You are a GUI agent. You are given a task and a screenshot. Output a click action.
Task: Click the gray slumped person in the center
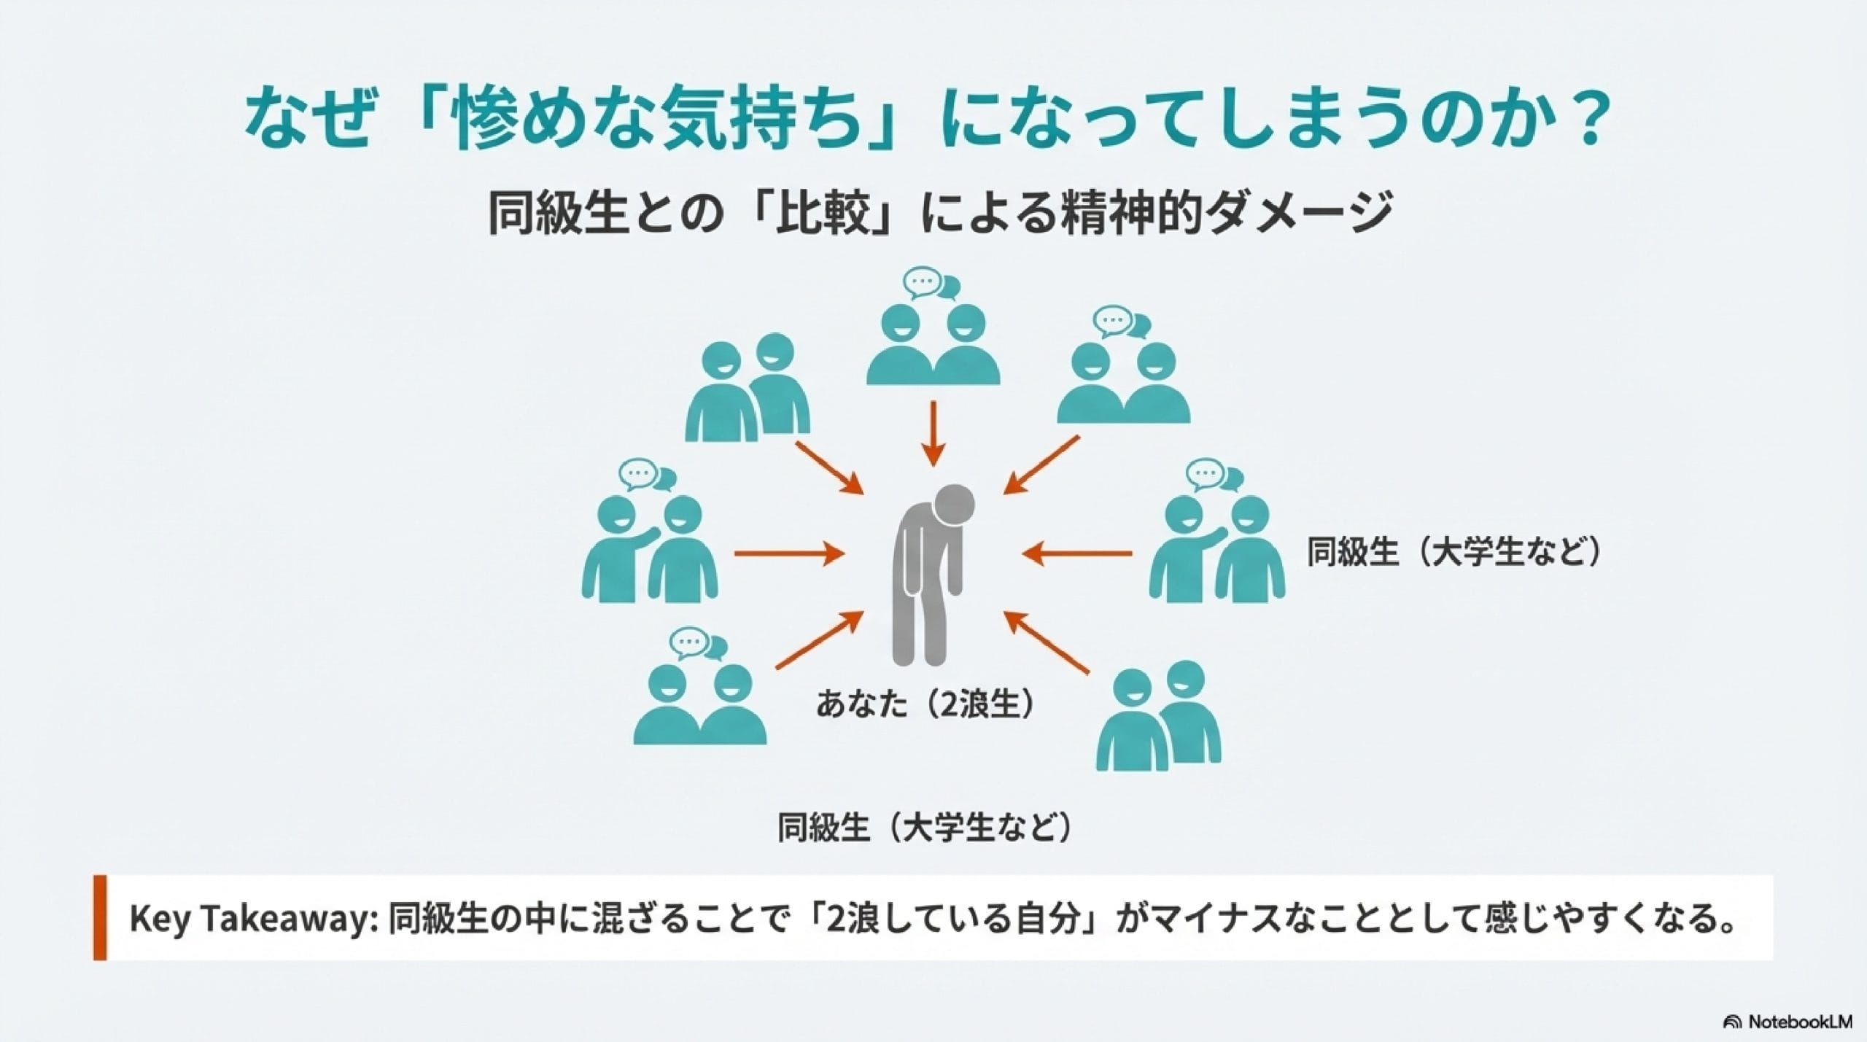[928, 576]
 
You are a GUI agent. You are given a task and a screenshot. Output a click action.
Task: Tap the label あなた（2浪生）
[925, 705]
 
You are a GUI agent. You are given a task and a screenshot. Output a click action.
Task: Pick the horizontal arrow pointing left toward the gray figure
[1077, 553]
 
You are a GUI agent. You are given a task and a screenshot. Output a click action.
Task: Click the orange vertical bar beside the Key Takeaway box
[100, 917]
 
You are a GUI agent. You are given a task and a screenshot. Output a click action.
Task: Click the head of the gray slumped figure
[954, 502]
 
